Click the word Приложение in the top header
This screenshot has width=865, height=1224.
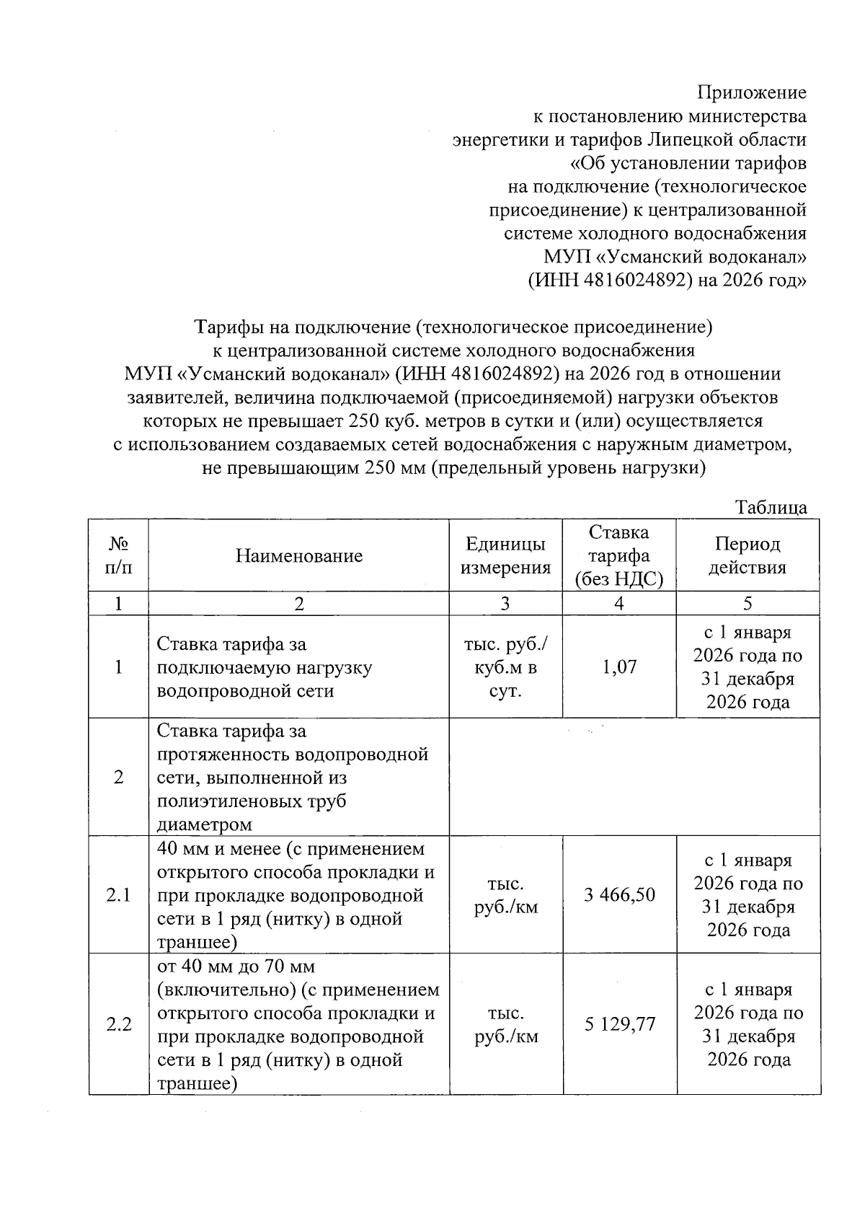coord(751,92)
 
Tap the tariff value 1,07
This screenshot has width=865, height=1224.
coord(619,666)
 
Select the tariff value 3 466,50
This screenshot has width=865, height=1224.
coord(619,895)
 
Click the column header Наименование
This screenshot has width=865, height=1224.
coord(298,555)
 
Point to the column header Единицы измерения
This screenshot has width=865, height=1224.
coord(505,555)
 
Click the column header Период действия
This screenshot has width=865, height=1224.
coord(748,555)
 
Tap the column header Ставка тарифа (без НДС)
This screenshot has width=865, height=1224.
coord(619,555)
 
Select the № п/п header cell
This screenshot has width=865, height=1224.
coord(118,555)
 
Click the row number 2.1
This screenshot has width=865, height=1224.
coord(118,895)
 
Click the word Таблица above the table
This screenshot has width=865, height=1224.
coord(771,508)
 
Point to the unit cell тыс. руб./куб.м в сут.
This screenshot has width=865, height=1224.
coord(505,666)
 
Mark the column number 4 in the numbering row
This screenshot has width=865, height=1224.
coord(619,604)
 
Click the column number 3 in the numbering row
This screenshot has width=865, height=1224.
coord(505,604)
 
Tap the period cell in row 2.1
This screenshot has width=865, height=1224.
coord(748,895)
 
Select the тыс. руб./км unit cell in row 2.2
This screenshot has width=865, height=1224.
coord(505,1025)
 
